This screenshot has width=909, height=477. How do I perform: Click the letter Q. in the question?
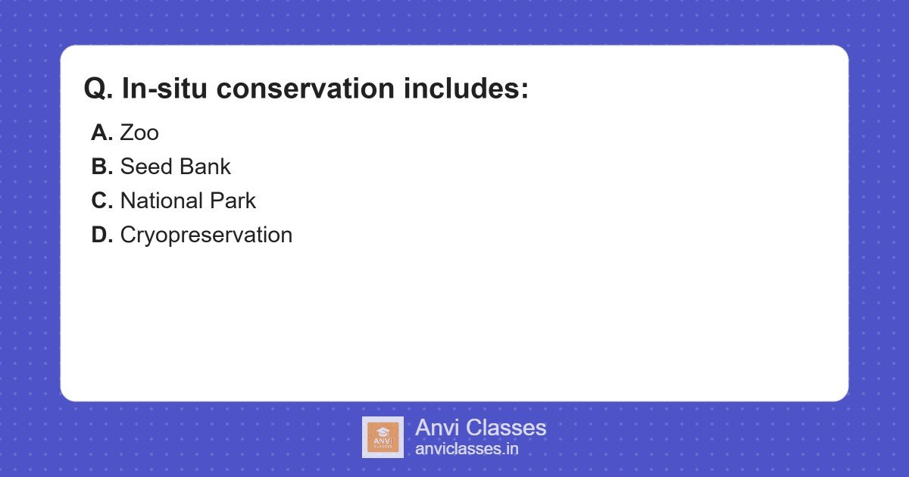98,89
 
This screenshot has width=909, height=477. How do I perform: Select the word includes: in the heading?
465,89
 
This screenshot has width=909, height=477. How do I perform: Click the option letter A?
102,133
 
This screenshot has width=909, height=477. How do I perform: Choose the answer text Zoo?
139,133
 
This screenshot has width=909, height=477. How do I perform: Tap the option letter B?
102,167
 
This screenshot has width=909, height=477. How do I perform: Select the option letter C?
102,201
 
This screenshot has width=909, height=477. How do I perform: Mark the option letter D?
102,235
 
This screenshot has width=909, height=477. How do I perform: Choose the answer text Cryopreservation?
206,235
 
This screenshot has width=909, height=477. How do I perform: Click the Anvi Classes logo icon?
383,437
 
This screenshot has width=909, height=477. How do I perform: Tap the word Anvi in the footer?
437,428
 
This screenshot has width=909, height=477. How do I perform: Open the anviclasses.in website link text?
467,449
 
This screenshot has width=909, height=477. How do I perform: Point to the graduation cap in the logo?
383,431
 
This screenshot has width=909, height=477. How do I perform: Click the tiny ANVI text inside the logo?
383,440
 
